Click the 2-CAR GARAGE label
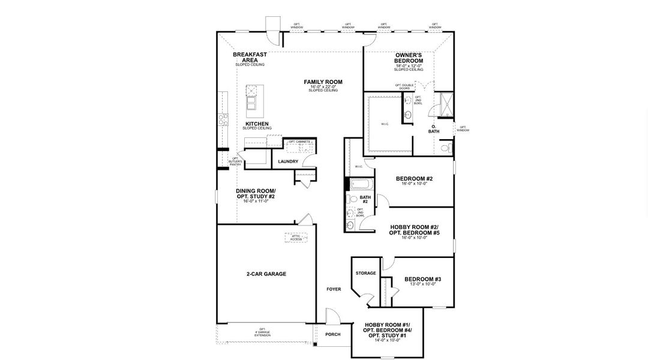coord(266,274)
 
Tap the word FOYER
coord(334,289)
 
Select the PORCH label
coord(333,335)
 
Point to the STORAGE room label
coord(365,274)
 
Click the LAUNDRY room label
coord(288,161)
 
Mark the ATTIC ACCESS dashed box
coord(296,238)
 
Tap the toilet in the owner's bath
coord(445,147)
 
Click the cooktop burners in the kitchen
coord(223,119)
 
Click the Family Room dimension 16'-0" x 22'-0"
coord(323,87)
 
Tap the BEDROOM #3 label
coord(422,280)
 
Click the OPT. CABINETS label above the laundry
coord(299,142)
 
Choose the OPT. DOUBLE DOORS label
coord(404,86)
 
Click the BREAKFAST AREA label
coord(250,57)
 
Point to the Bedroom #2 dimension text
coord(414,184)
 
